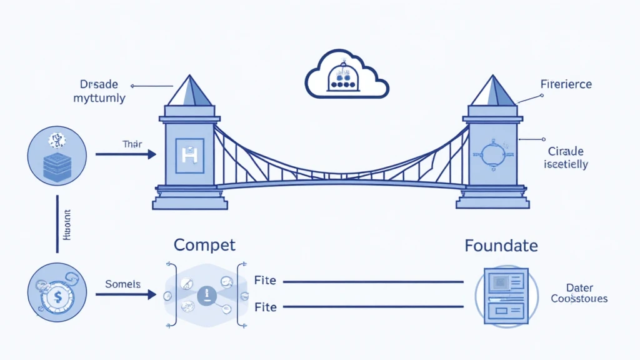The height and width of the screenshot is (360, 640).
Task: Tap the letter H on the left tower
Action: (188, 154)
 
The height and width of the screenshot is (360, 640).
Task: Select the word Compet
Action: (204, 244)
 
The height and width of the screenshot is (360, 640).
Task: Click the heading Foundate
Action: (501, 246)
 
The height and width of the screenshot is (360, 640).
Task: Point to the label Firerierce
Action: (565, 84)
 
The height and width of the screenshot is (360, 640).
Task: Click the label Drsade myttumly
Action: (99, 91)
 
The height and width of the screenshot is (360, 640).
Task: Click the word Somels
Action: (122, 284)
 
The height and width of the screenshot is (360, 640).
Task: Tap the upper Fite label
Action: (265, 281)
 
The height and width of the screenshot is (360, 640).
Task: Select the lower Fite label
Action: (265, 307)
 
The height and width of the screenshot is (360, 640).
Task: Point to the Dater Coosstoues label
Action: (579, 293)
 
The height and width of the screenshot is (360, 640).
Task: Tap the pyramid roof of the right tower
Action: (493, 91)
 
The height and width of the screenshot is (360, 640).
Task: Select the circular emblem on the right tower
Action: (492, 154)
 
